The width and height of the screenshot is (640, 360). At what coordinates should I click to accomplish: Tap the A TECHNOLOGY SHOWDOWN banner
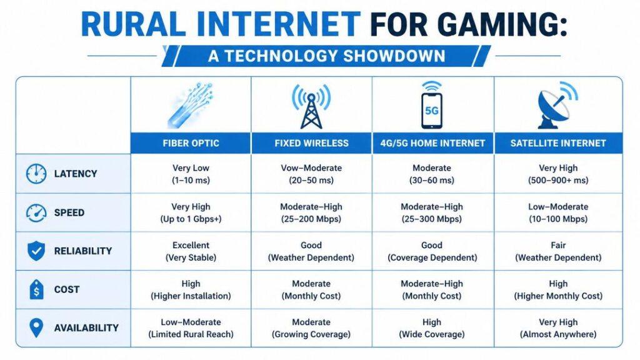326,56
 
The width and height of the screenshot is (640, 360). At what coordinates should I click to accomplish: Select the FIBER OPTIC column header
191,143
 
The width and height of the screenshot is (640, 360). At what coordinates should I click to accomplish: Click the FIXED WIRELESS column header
311,143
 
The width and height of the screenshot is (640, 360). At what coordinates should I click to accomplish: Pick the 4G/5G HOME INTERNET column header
432,143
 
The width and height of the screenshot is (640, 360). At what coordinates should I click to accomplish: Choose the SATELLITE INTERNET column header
558,143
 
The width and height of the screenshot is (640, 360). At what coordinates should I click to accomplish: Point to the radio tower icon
311,106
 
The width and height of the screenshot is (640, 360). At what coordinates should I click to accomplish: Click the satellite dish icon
557,105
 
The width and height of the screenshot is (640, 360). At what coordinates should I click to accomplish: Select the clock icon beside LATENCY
36,174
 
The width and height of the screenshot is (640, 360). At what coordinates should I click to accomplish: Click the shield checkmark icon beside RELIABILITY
36,251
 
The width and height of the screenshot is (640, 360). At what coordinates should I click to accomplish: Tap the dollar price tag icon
36,289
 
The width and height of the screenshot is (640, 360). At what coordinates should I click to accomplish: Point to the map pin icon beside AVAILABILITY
36,327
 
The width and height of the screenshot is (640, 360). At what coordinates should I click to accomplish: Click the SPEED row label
69,212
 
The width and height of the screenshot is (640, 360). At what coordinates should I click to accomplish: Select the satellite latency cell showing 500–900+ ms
558,174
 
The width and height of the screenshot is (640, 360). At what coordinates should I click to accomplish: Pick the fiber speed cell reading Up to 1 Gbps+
191,212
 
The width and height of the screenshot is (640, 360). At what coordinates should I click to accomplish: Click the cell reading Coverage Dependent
432,251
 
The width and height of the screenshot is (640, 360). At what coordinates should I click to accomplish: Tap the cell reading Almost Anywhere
558,327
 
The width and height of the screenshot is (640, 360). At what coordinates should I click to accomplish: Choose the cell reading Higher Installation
191,289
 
